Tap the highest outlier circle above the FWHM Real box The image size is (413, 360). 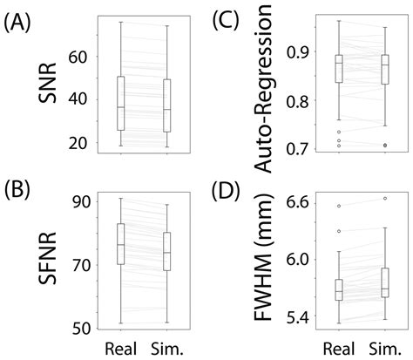(x=339, y=207)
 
